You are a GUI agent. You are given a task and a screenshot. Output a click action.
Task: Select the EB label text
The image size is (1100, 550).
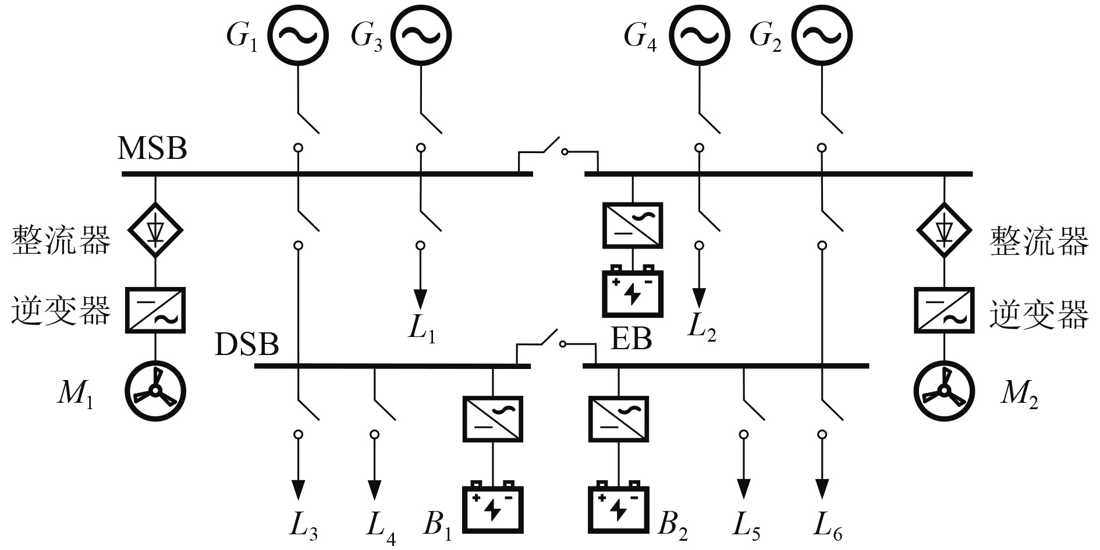pos(631,339)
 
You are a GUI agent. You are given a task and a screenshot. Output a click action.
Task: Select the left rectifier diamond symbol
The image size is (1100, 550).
pos(155,230)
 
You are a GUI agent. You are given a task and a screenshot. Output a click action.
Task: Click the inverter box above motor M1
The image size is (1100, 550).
pos(155,310)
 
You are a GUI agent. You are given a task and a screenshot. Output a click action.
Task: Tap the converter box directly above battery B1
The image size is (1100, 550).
pos(493,419)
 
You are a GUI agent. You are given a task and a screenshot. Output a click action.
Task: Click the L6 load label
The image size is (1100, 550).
pos(827,526)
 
